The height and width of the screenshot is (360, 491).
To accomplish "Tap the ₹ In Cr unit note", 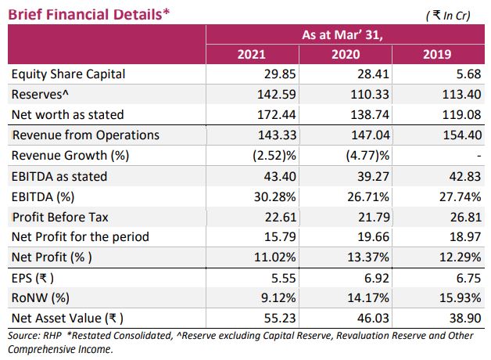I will [x=448, y=15].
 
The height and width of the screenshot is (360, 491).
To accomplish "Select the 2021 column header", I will [x=251, y=54].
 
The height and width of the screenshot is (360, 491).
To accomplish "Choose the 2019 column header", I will [x=436, y=54].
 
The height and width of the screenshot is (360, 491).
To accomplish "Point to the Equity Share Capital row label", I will [x=69, y=74].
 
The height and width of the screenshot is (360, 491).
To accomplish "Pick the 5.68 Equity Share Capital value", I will [x=460, y=74].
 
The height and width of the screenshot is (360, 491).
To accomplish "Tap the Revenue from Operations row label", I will [x=85, y=135].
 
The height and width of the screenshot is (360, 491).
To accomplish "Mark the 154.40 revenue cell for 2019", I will [x=455, y=135].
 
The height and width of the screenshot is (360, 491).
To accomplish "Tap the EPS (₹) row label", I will [x=33, y=277].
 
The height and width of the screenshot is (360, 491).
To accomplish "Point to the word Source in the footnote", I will [x=23, y=335].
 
